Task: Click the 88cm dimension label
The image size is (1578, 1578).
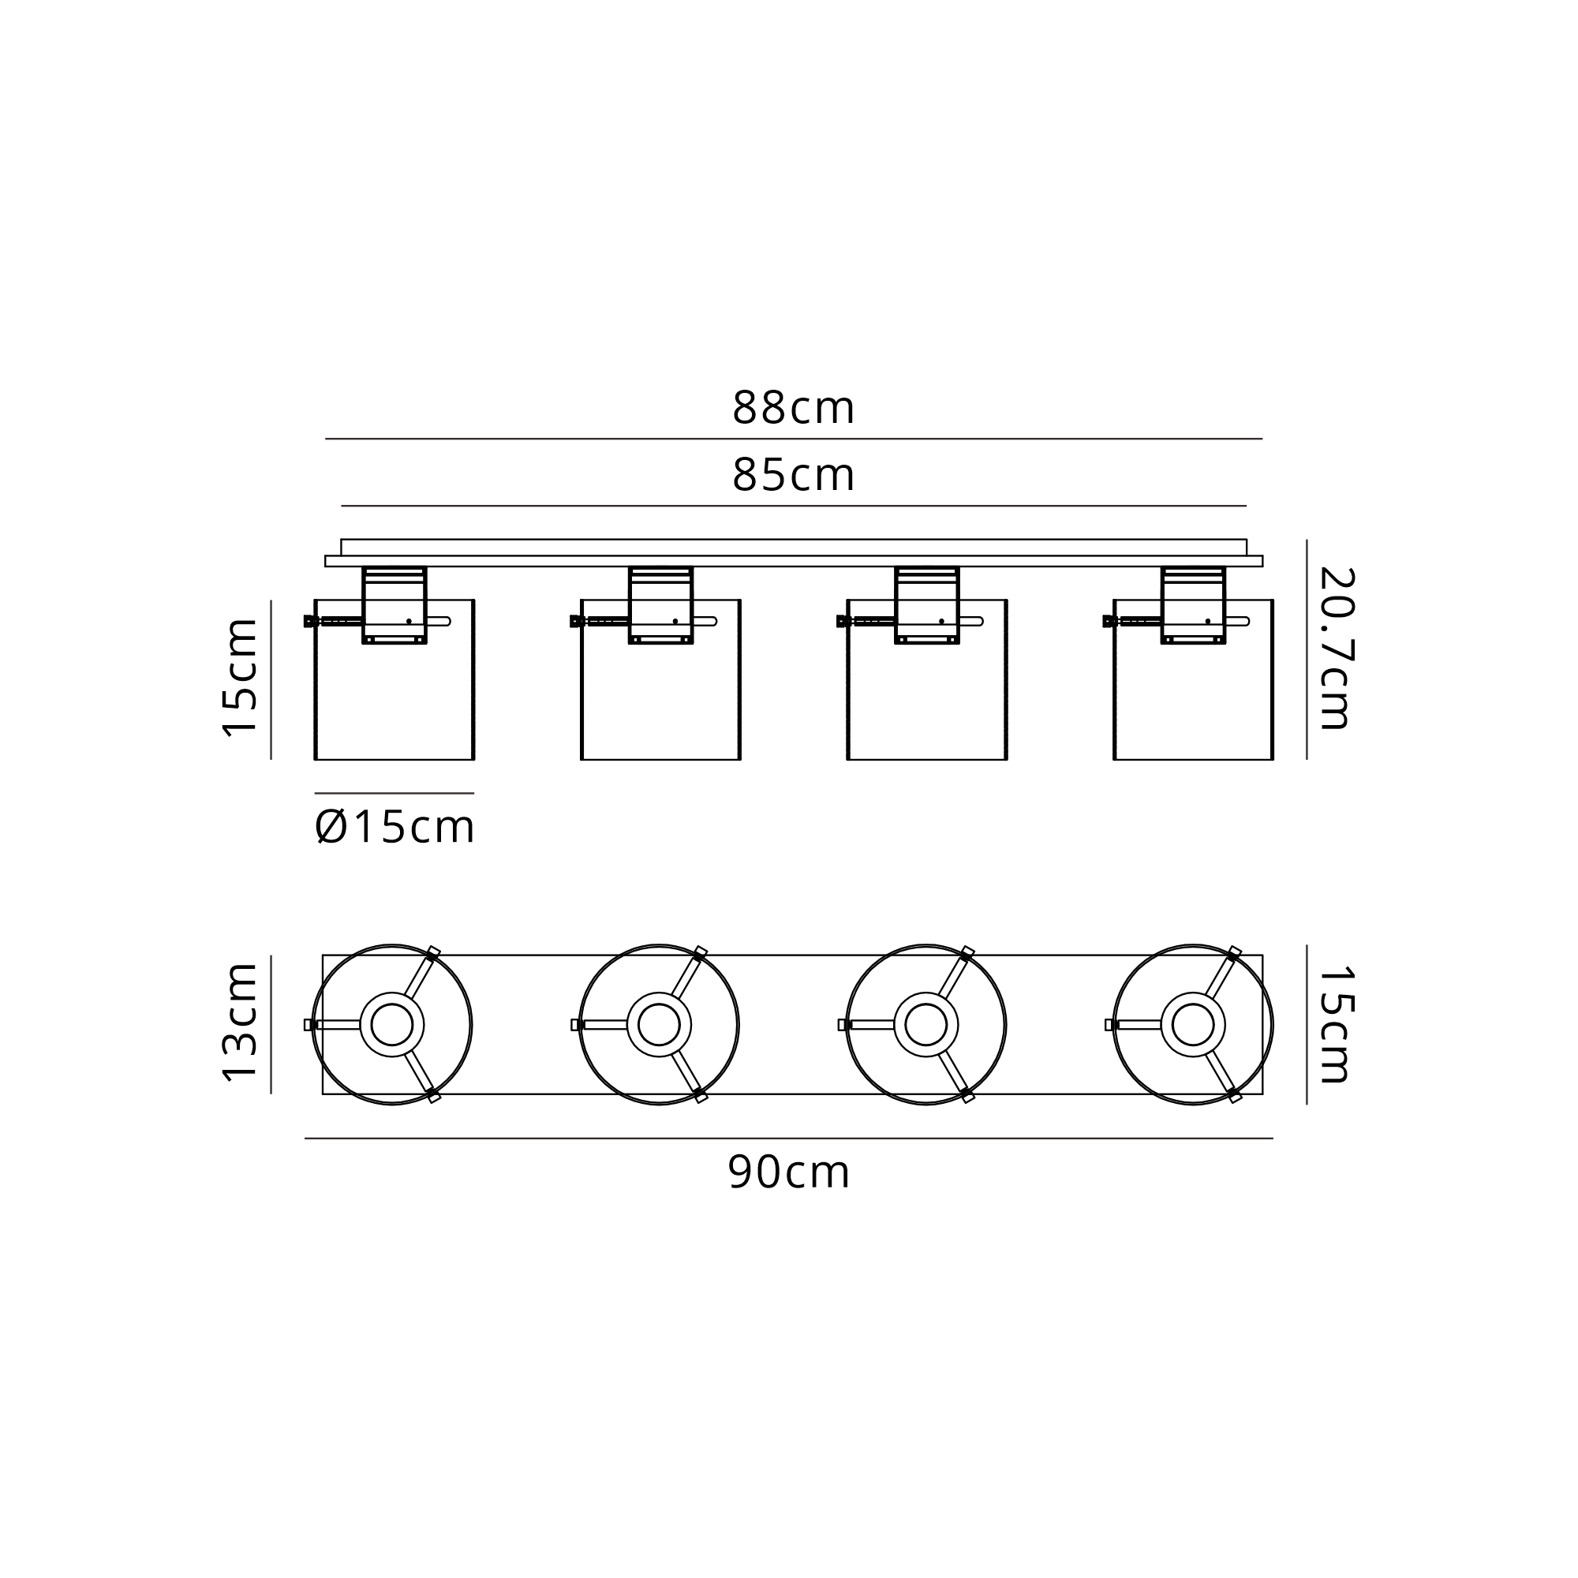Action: coord(793,408)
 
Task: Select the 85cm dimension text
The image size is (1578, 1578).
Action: coord(793,474)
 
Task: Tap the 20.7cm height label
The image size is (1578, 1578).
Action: coord(1337,649)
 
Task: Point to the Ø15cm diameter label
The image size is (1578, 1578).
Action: coord(394,828)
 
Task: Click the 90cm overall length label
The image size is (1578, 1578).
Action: coord(789,1173)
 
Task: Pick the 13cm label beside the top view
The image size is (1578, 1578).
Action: coord(240,1023)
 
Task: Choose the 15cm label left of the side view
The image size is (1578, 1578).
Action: coord(240,678)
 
